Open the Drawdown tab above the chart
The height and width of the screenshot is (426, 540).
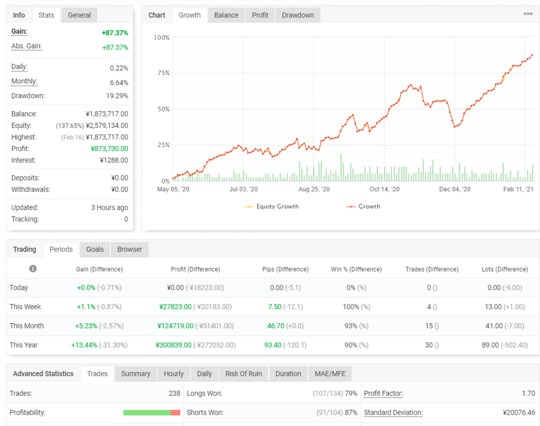pos(298,15)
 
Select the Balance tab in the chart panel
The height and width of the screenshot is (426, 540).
pos(226,15)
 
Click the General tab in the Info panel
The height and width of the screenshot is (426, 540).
pos(79,15)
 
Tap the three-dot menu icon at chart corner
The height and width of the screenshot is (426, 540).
pos(528,14)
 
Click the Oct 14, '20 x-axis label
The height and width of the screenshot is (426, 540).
pos(384,189)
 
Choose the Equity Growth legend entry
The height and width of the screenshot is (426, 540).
pos(272,206)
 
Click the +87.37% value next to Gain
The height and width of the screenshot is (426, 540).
pos(115,33)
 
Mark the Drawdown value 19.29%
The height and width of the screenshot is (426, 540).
pos(117,96)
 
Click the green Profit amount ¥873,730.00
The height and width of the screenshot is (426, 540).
pos(110,149)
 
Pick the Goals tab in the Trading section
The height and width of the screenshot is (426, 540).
pos(95,249)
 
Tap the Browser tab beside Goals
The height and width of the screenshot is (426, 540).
pos(130,249)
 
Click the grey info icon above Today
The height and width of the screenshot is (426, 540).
pos(33,269)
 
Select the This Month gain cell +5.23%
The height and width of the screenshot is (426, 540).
pos(86,326)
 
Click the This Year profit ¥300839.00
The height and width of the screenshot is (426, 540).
pos(173,345)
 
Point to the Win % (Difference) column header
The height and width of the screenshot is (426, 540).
pos(356,269)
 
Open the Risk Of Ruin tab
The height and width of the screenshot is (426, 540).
pos(243,374)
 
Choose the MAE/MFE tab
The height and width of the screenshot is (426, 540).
pos(330,374)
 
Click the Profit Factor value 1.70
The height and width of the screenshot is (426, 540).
pos(528,394)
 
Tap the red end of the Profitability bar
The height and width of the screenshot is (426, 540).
pos(175,412)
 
